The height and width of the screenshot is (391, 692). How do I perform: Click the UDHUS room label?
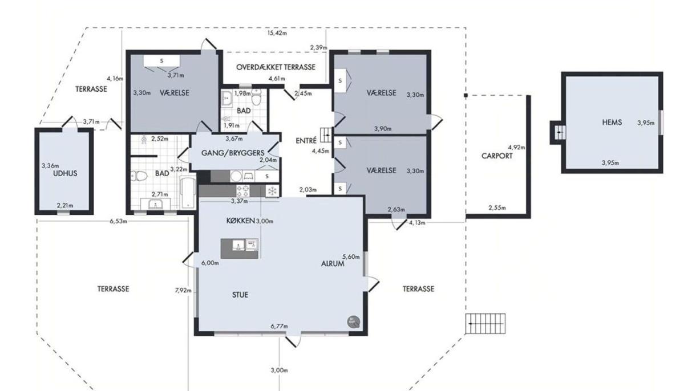pyautogui.click(x=65, y=173)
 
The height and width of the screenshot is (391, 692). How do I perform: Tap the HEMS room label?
pyautogui.click(x=612, y=123)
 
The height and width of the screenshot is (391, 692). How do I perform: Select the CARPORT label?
pyautogui.click(x=497, y=156)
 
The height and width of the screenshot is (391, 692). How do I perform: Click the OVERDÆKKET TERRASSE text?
pyautogui.click(x=276, y=67)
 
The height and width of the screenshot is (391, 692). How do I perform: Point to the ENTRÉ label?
pyautogui.click(x=306, y=140)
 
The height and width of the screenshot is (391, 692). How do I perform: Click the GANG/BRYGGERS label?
pyautogui.click(x=233, y=153)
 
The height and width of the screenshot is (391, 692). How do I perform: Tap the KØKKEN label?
pyautogui.click(x=240, y=221)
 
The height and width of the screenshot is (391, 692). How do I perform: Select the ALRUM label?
pyautogui.click(x=333, y=263)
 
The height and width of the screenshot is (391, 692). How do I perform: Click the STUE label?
pyautogui.click(x=240, y=295)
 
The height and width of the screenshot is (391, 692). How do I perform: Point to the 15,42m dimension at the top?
pyautogui.click(x=277, y=33)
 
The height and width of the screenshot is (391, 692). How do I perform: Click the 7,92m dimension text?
pyautogui.click(x=183, y=290)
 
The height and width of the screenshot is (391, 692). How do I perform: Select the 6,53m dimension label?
pyautogui.click(x=118, y=221)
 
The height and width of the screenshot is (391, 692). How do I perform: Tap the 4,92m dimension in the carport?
pyautogui.click(x=516, y=147)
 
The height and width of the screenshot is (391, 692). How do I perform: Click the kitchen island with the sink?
pyautogui.click(x=240, y=248)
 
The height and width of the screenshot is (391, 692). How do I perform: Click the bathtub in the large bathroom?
pyautogui.click(x=188, y=192)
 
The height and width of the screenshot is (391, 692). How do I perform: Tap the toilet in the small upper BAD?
pyautogui.click(x=256, y=97)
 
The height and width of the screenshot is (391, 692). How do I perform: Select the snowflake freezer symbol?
pyautogui.click(x=272, y=192)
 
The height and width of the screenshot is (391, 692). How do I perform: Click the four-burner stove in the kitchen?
pyautogui.click(x=243, y=191)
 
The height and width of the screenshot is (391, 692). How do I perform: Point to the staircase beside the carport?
pyautogui.click(x=485, y=323)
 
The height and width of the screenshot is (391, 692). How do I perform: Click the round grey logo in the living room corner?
pyautogui.click(x=353, y=322)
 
